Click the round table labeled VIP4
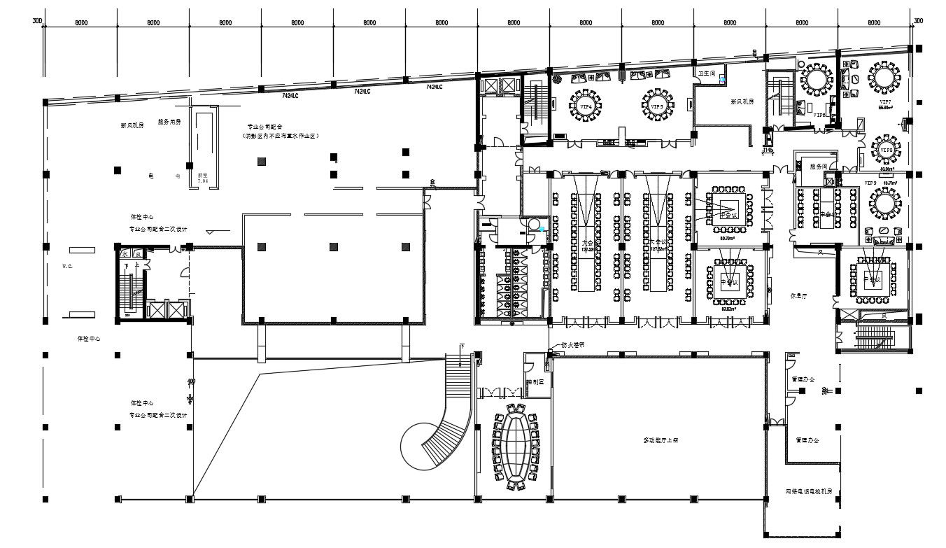coord(586,107)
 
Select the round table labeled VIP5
coord(657,106)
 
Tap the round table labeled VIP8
coord(887,150)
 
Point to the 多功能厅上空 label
coord(661,440)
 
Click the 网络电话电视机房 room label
coord(808,493)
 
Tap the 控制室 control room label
coord(535,382)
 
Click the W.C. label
coord(68,266)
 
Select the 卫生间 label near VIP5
coord(705,73)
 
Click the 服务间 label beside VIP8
coord(818,167)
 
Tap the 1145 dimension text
coord(768,150)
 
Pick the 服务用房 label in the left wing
coord(169,122)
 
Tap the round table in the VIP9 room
coord(884,204)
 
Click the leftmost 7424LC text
coord(290,94)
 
